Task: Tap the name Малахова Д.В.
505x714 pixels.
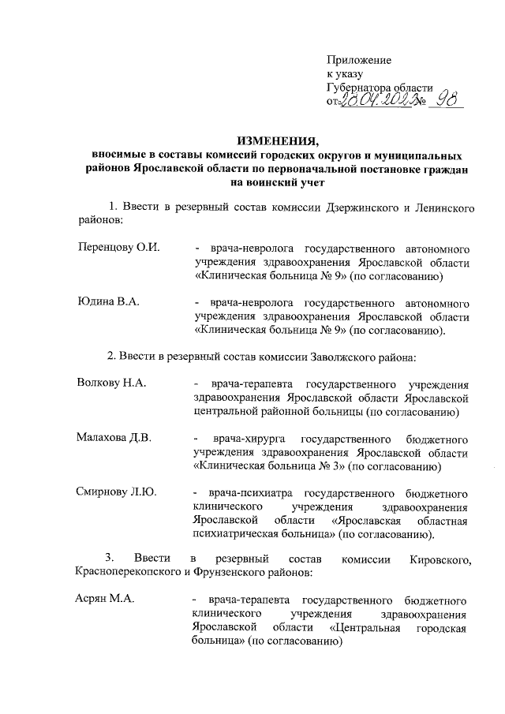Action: pos(114,438)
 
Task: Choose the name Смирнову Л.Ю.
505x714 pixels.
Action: pos(117,492)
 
